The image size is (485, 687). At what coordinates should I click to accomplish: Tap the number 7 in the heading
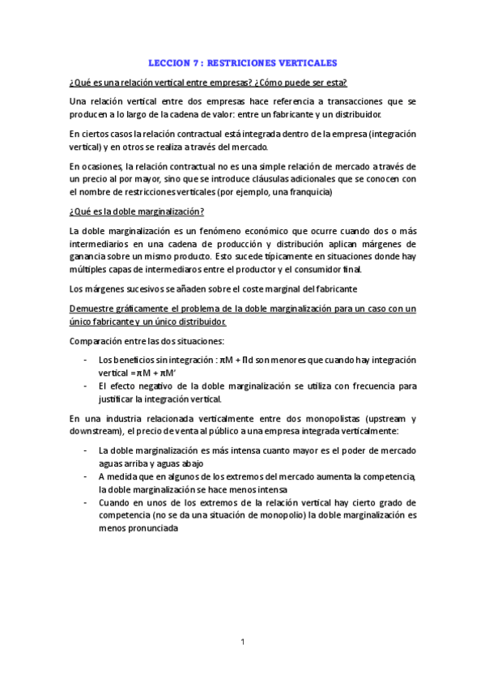[194, 62]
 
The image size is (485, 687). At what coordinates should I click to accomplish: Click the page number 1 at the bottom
[242, 642]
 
